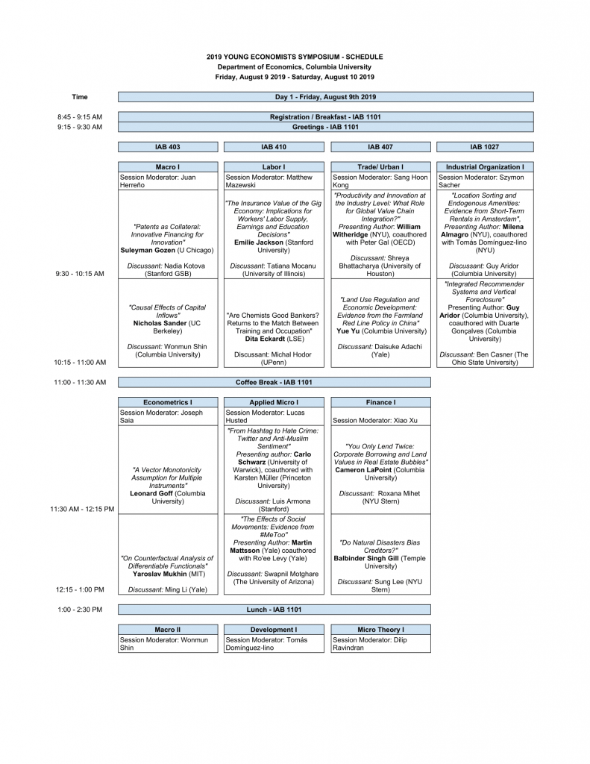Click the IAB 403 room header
(168, 147)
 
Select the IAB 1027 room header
(485, 147)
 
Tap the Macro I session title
(168, 167)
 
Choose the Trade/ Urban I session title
(380, 167)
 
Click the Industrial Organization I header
(485, 167)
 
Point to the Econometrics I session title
(168, 402)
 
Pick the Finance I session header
(380, 402)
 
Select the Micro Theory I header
(380, 630)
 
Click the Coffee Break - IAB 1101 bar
(274, 382)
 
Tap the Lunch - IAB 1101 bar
(274, 610)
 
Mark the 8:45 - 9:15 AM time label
(80, 117)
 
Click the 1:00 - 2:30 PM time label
(80, 610)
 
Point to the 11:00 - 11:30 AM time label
(80, 382)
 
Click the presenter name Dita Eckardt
(263, 338)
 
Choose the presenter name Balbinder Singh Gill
(368, 558)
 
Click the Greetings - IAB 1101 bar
(326, 127)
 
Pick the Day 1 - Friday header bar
(326, 97)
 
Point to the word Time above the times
(80, 97)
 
